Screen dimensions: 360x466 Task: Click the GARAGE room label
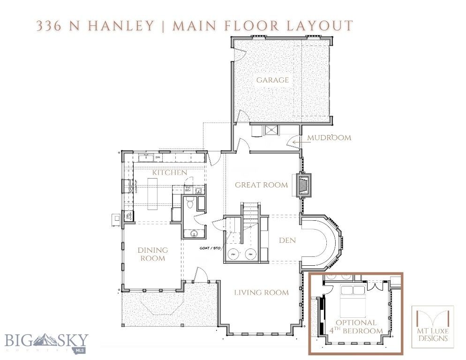[x=272, y=80]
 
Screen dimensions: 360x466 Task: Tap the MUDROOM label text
[x=329, y=138]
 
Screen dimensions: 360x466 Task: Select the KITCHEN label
[x=169, y=172]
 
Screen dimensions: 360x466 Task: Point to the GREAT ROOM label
[x=261, y=185]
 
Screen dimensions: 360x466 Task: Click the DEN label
[x=286, y=240]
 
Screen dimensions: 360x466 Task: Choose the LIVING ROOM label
[x=262, y=293]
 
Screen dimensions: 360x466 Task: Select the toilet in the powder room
[x=189, y=202]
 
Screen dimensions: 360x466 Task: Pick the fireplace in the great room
[x=303, y=185]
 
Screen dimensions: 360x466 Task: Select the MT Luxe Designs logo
[x=433, y=327]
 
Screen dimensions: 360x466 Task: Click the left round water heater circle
[x=233, y=255]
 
